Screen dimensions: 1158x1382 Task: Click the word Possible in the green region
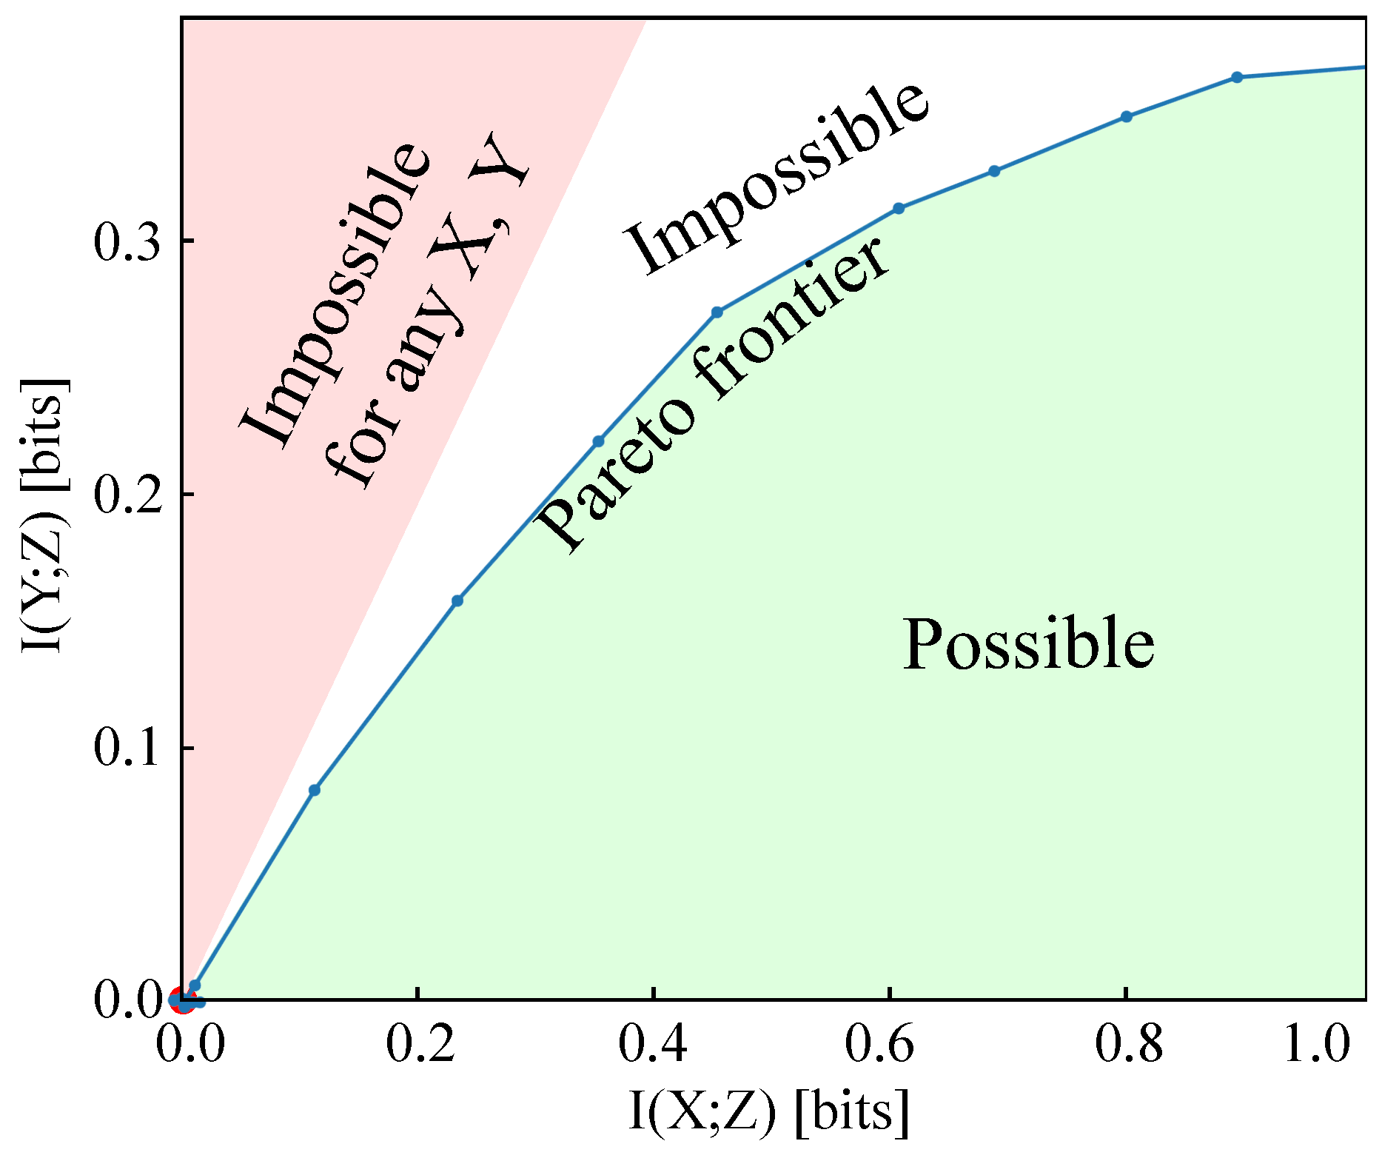coord(1028,644)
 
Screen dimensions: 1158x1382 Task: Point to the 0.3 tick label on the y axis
coord(128,242)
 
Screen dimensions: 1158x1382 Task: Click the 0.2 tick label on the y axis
coord(128,495)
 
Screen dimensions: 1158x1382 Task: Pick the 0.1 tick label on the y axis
coord(128,748)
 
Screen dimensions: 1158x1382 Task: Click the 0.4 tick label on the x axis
coord(654,1044)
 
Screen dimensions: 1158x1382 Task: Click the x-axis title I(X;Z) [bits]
coord(768,1112)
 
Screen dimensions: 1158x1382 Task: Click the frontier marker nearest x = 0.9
coord(1237,77)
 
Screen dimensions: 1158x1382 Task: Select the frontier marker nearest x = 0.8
coord(1127,116)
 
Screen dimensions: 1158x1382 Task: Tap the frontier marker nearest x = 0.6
coord(899,209)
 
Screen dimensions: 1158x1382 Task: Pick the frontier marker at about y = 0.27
coord(717,312)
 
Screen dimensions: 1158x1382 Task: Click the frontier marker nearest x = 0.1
coord(315,790)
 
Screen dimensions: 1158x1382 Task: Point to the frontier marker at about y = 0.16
coord(457,600)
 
